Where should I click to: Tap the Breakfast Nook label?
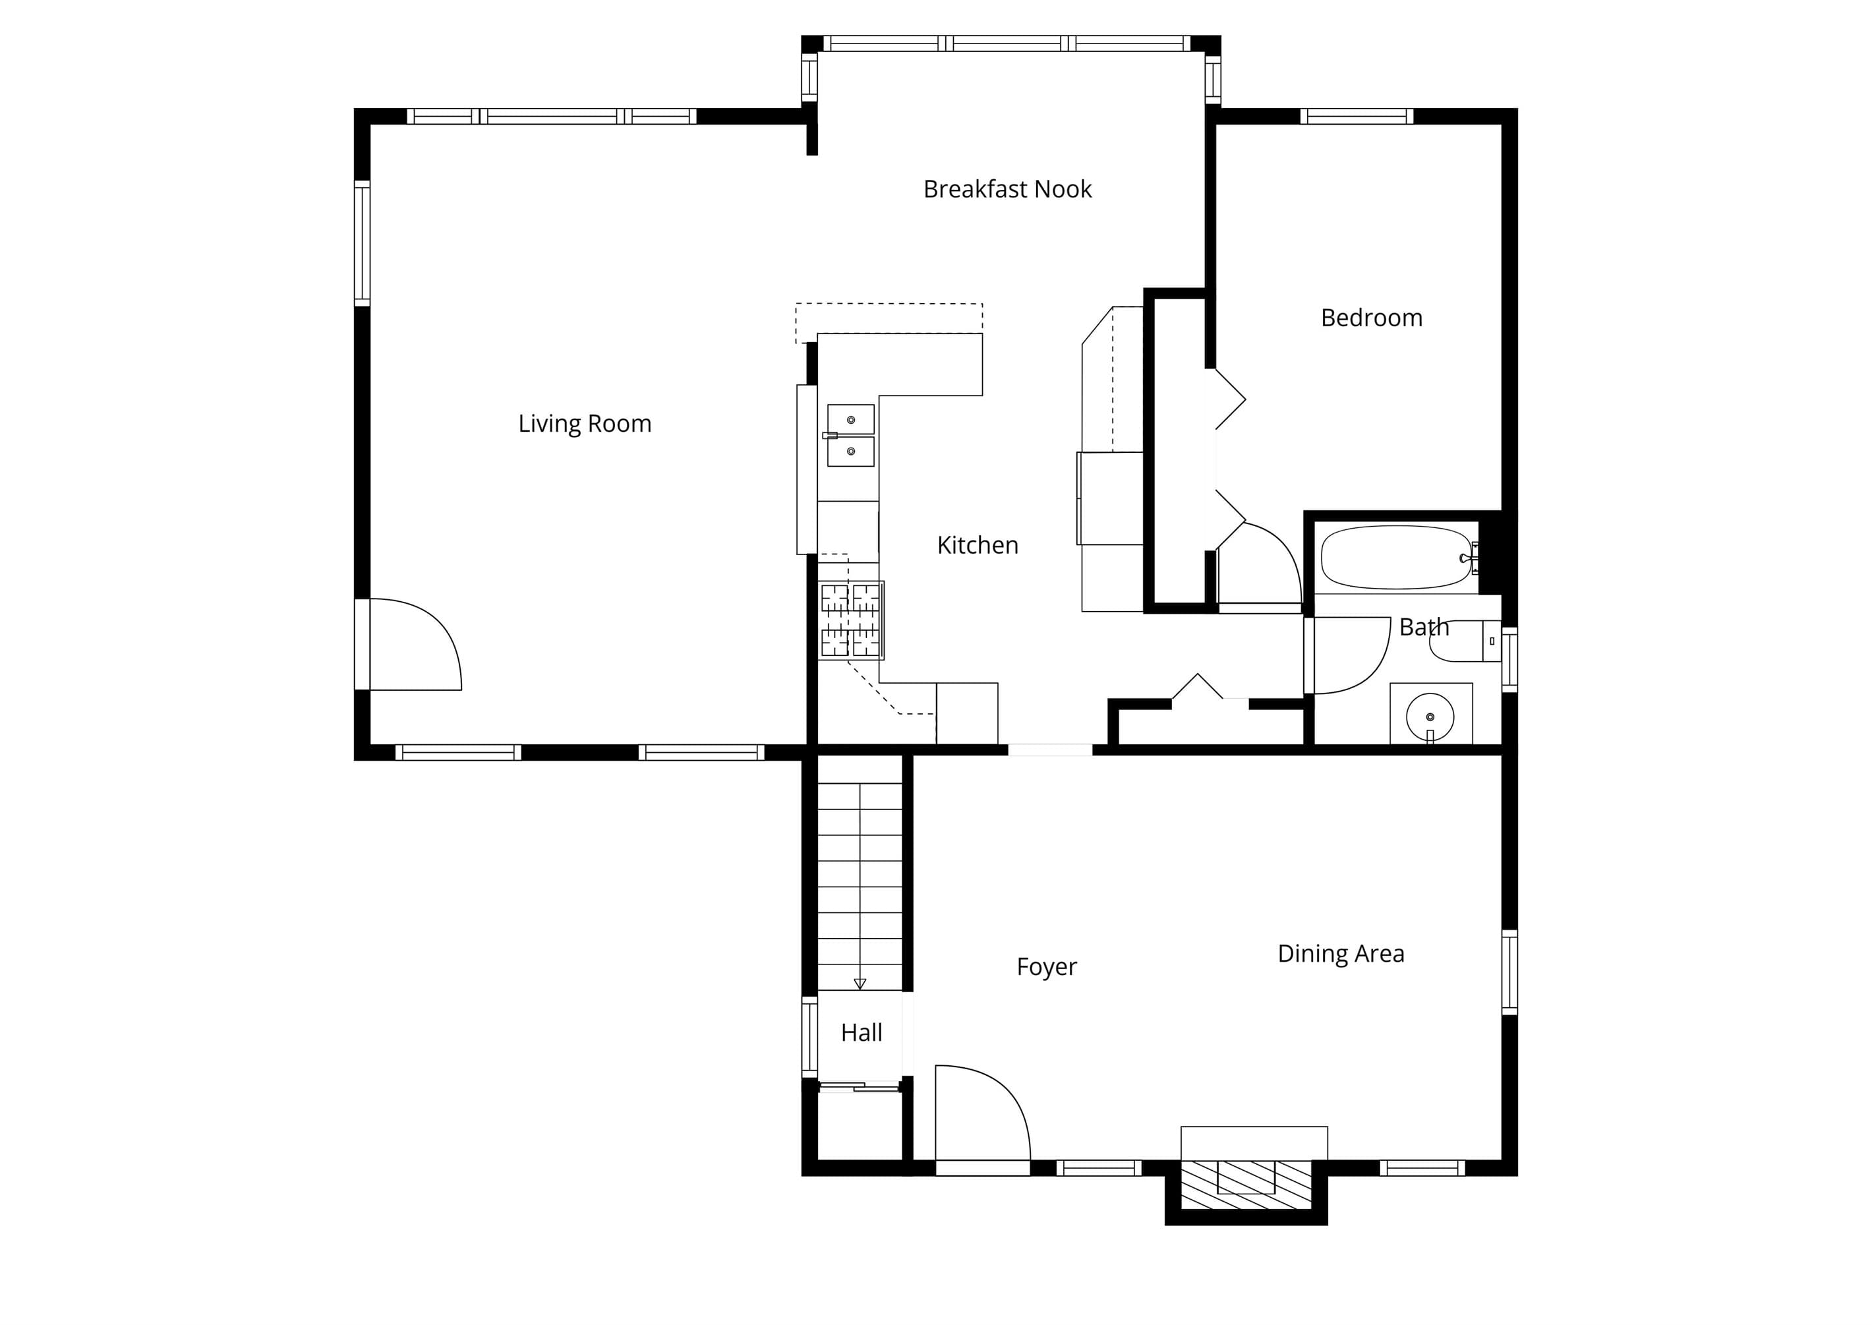click(1007, 189)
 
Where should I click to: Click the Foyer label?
click(1047, 968)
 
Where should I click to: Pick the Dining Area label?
click(1341, 954)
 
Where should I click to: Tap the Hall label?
click(862, 1033)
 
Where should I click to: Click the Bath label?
click(1424, 628)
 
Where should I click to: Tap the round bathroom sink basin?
click(1430, 717)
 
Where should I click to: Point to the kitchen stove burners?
click(851, 621)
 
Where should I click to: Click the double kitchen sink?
click(851, 436)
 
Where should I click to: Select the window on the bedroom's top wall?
click(1357, 116)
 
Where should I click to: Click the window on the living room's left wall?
click(362, 243)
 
